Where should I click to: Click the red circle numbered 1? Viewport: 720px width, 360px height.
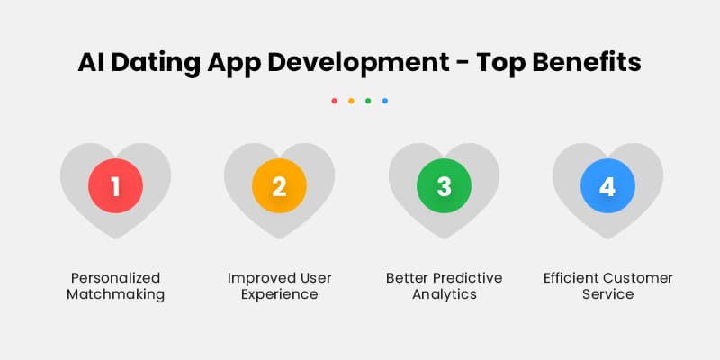pyautogui.click(x=115, y=186)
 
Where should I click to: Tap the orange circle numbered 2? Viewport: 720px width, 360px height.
pyautogui.click(x=279, y=186)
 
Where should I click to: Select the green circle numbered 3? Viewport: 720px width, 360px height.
pyautogui.click(x=443, y=186)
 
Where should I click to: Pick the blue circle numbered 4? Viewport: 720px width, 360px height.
pyautogui.click(x=607, y=186)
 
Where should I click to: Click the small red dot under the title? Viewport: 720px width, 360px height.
pyautogui.click(x=335, y=101)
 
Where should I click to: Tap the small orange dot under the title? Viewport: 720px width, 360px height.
pyautogui.click(x=351, y=101)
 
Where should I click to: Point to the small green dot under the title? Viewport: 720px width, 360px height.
pyautogui.click(x=368, y=101)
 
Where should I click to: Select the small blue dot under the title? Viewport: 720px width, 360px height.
pyautogui.click(x=385, y=101)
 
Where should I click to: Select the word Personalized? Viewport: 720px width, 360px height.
pyautogui.click(x=115, y=277)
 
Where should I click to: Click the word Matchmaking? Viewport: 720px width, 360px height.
pyautogui.click(x=115, y=295)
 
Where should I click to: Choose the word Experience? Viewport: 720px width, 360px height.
pyautogui.click(x=279, y=295)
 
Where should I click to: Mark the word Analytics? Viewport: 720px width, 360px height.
pyautogui.click(x=443, y=295)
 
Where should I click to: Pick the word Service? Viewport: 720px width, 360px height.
pyautogui.click(x=607, y=295)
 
